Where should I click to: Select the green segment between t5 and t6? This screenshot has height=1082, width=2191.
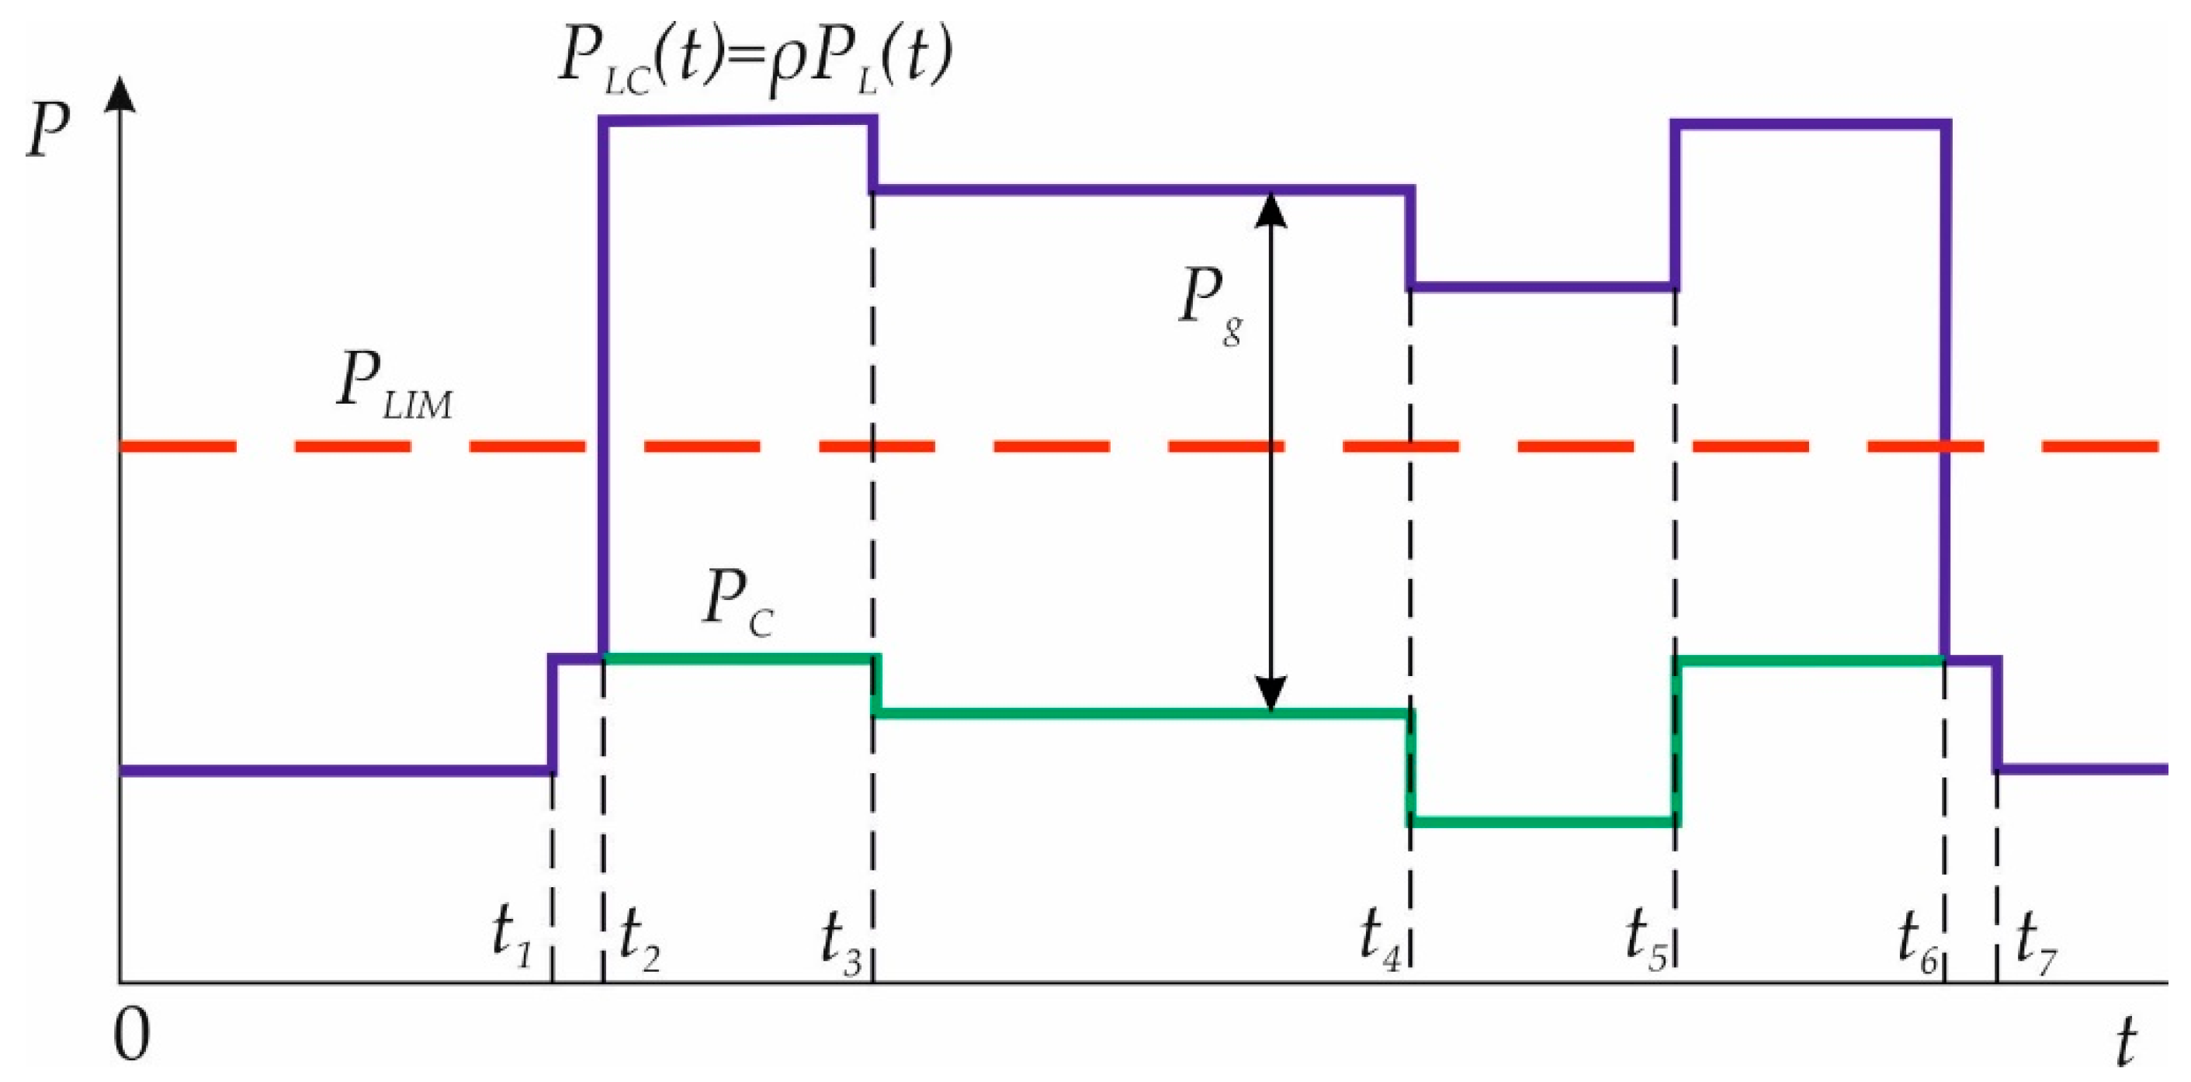point(1811,659)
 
